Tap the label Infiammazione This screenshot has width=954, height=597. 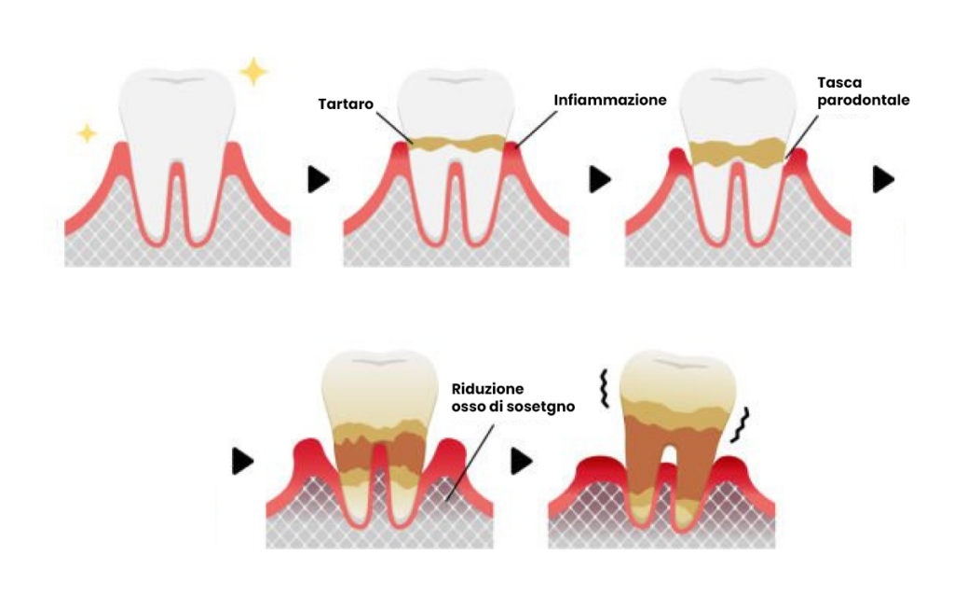tap(610, 99)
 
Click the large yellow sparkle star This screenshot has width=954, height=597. tap(252, 71)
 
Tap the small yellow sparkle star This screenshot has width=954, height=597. tap(87, 133)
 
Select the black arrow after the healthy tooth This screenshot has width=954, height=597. tap(319, 180)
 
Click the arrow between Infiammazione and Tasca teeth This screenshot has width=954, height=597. tap(600, 180)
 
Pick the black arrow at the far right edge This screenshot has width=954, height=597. tap(882, 180)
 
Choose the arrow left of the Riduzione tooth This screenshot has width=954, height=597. tap(243, 460)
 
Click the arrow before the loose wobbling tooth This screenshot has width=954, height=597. tap(522, 460)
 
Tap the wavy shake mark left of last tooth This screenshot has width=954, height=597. tap(603, 390)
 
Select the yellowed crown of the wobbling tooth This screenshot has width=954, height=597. tap(677, 373)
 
